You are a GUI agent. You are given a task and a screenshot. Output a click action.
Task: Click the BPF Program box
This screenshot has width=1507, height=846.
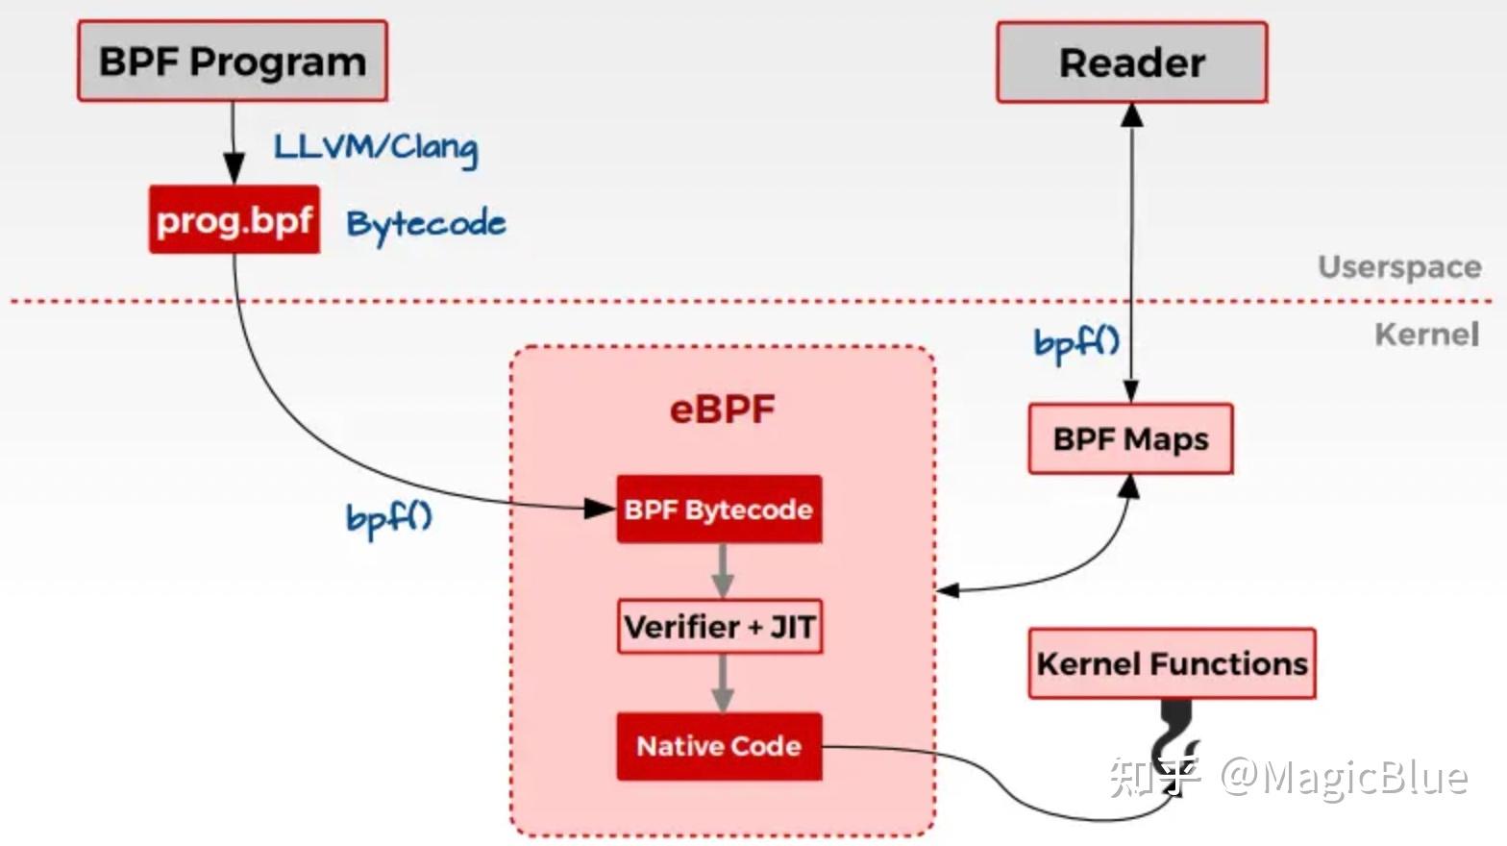tap(232, 62)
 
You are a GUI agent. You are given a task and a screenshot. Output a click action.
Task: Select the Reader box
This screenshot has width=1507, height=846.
tap(1131, 62)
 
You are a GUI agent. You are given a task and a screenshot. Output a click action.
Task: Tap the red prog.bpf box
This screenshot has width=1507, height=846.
tap(234, 220)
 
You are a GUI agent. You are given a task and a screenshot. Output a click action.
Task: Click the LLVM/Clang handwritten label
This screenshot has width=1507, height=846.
tap(375, 147)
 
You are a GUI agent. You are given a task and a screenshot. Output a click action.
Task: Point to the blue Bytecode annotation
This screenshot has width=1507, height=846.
tap(426, 224)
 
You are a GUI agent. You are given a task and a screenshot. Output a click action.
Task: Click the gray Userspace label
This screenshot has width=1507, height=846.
tap(1398, 266)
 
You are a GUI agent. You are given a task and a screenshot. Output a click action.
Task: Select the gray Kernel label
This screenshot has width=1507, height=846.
tap(1426, 335)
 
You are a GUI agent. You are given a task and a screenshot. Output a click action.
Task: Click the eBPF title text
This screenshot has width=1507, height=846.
tap(722, 410)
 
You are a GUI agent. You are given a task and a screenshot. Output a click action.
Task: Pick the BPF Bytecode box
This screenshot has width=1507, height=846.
tap(719, 509)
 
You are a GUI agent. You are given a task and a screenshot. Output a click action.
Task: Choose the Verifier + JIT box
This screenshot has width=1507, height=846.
tap(720, 627)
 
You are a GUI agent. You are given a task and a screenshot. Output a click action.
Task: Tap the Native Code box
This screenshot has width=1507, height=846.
tap(719, 746)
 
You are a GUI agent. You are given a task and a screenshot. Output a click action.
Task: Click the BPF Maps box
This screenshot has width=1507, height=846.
tap(1130, 439)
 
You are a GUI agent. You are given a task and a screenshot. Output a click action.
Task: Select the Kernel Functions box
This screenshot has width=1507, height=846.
tap(1172, 663)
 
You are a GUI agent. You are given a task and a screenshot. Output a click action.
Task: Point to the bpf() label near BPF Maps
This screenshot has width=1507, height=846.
tap(1076, 342)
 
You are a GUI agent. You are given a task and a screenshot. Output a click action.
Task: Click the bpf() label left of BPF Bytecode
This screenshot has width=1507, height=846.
tap(388, 518)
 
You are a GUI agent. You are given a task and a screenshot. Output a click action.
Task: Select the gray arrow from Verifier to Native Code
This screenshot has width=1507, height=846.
tap(723, 684)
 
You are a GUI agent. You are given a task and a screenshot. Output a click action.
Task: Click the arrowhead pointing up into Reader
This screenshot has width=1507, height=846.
tap(1132, 114)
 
